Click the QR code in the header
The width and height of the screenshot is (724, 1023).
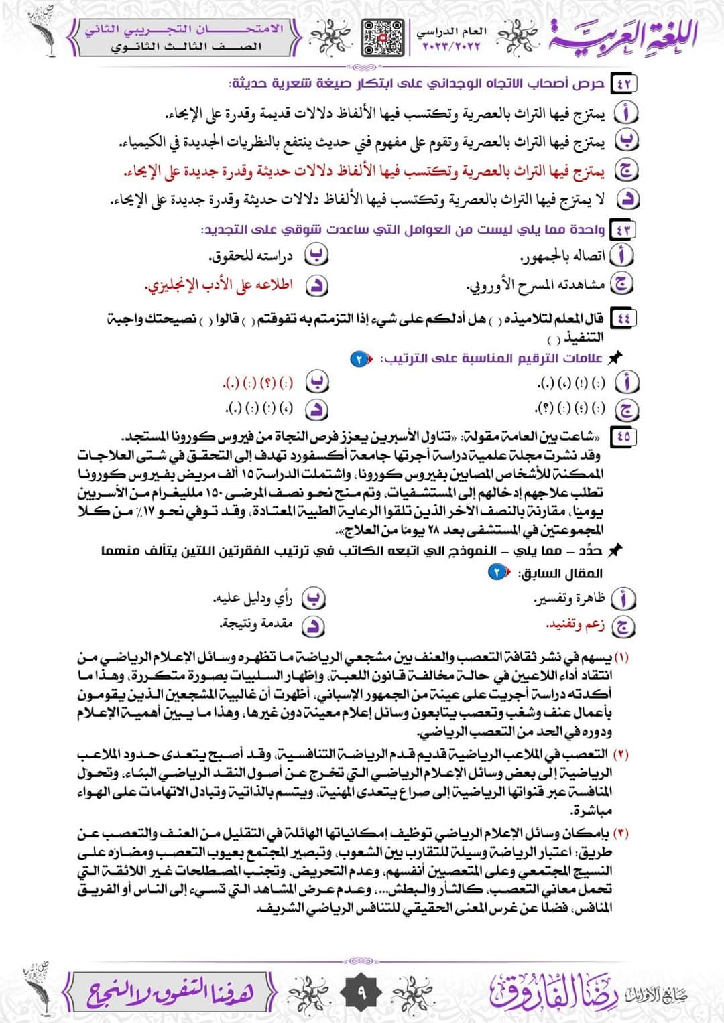click(383, 37)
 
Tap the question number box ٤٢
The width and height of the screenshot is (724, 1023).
click(625, 84)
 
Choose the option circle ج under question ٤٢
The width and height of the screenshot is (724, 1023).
click(627, 170)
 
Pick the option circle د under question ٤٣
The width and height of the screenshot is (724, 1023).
click(316, 286)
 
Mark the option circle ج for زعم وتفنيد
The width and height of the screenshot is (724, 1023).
click(624, 626)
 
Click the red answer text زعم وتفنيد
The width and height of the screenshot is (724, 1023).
click(576, 625)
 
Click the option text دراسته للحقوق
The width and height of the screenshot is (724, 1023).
click(251, 257)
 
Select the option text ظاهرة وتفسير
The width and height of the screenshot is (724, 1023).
click(569, 598)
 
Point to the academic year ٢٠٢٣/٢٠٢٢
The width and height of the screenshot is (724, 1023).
click(452, 47)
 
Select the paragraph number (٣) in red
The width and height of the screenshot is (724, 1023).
click(621, 834)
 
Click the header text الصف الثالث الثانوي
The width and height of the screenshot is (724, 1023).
click(186, 47)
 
